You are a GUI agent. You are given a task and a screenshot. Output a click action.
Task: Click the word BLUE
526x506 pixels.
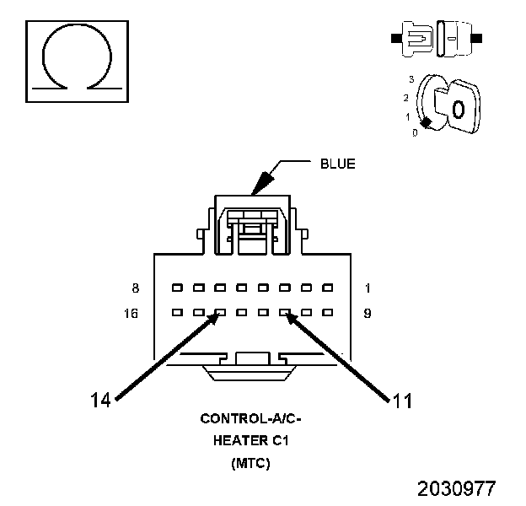pos(337,164)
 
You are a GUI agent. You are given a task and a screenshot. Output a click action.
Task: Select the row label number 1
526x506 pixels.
pos(368,288)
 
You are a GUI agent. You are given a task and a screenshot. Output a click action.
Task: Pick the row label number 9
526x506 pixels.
pos(368,314)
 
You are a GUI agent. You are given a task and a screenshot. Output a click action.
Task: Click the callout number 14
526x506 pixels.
pos(100,400)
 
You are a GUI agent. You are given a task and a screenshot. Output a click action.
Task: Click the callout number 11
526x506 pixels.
pos(402,400)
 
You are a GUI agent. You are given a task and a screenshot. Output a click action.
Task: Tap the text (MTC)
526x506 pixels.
pos(250,463)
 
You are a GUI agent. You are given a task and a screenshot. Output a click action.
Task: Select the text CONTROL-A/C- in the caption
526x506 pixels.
pos(250,418)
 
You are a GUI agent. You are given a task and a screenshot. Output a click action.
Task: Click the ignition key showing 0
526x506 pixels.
pos(459,108)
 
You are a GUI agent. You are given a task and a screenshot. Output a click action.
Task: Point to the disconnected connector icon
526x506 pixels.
pos(436,39)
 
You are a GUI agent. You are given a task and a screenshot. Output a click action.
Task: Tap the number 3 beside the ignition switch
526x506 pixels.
pos(411,78)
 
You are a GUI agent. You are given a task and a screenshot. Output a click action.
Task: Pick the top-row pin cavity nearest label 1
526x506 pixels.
pos(327,288)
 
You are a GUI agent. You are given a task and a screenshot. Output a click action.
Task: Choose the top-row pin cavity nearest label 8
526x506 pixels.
pos(176,288)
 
